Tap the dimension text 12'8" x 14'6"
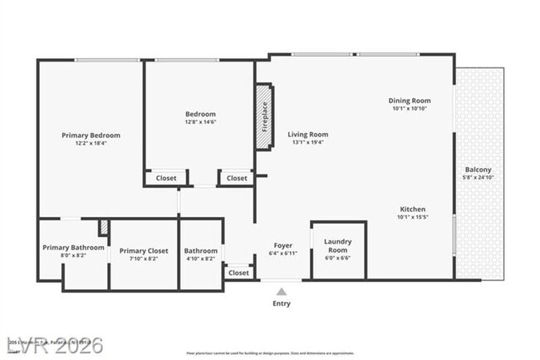click(x=200, y=123)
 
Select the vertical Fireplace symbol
click(x=264, y=116)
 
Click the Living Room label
click(x=307, y=134)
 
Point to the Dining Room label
click(x=410, y=101)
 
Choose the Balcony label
click(x=478, y=170)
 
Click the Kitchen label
click(x=412, y=209)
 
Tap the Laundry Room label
click(x=337, y=245)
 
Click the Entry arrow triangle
click(x=282, y=291)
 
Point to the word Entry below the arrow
click(x=282, y=303)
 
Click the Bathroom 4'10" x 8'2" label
click(x=200, y=251)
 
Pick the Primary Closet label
click(x=144, y=251)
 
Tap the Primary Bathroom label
click(x=74, y=247)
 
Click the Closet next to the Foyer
click(x=238, y=273)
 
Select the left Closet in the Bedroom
click(x=165, y=178)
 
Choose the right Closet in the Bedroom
click(x=237, y=178)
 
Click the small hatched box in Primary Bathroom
click(x=104, y=227)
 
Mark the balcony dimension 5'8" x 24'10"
click(x=478, y=177)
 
